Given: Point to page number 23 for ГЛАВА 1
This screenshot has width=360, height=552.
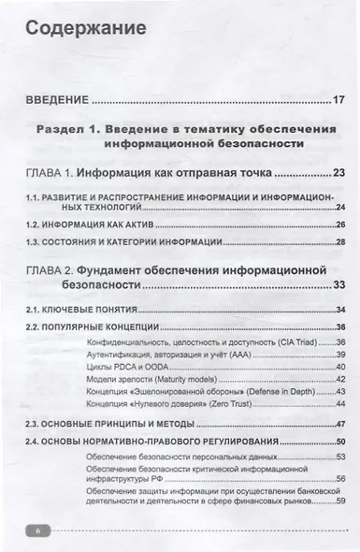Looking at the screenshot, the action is [338, 173].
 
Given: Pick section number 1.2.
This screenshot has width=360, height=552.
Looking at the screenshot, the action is [35, 225].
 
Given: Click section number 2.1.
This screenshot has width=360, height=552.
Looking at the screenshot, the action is [35, 309].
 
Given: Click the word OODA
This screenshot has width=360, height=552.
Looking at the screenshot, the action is [151, 368].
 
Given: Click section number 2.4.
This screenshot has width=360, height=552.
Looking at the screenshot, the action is [35, 441].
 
